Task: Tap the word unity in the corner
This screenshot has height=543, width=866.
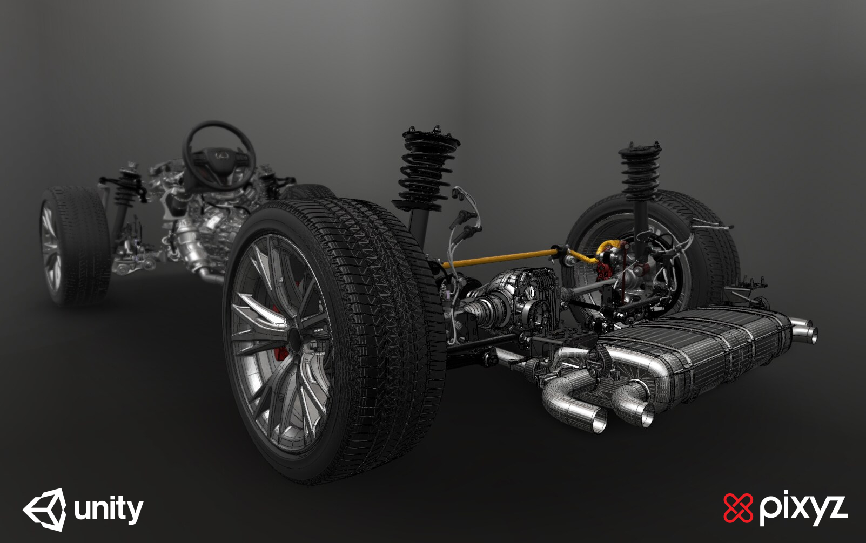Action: [x=109, y=510]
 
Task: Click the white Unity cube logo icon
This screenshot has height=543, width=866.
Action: [x=45, y=510]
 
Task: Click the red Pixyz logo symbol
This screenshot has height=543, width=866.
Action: [x=738, y=508]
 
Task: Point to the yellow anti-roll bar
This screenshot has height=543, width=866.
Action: [x=502, y=259]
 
